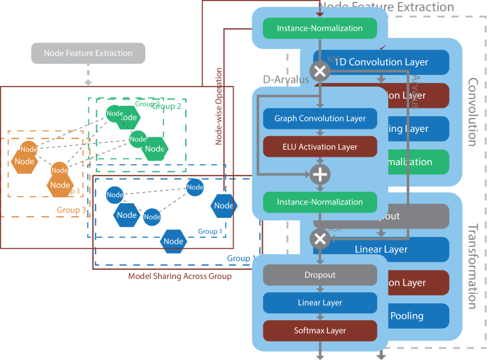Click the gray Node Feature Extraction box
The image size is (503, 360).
pos(88,53)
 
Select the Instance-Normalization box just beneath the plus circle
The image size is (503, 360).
pos(320,202)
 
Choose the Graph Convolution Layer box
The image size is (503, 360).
pos(320,119)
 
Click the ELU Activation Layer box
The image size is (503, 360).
pos(320,146)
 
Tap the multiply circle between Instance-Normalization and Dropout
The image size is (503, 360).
pos(320,239)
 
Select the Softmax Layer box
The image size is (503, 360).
pos(320,330)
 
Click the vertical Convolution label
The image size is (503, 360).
pos(473,112)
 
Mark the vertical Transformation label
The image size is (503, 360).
pos(473,266)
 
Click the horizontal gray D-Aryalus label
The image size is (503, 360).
pos(286,80)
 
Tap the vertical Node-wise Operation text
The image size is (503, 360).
pos(219,106)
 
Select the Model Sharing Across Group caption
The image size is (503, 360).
pos(180,277)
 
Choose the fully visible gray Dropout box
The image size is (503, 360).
pos(320,275)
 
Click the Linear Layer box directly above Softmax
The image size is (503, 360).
pos(320,303)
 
